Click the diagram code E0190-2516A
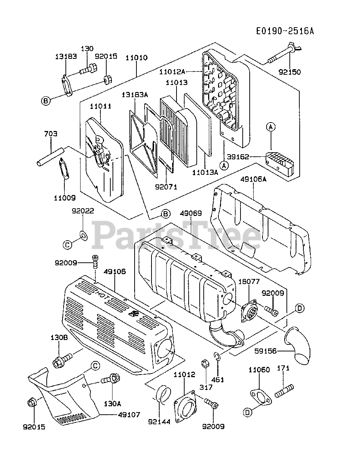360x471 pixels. [285, 31]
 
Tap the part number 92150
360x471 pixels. [290, 72]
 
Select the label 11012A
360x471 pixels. [177, 71]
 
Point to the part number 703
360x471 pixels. [51, 134]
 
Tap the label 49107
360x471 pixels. [129, 415]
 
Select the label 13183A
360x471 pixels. [135, 95]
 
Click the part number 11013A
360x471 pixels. [204, 171]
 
